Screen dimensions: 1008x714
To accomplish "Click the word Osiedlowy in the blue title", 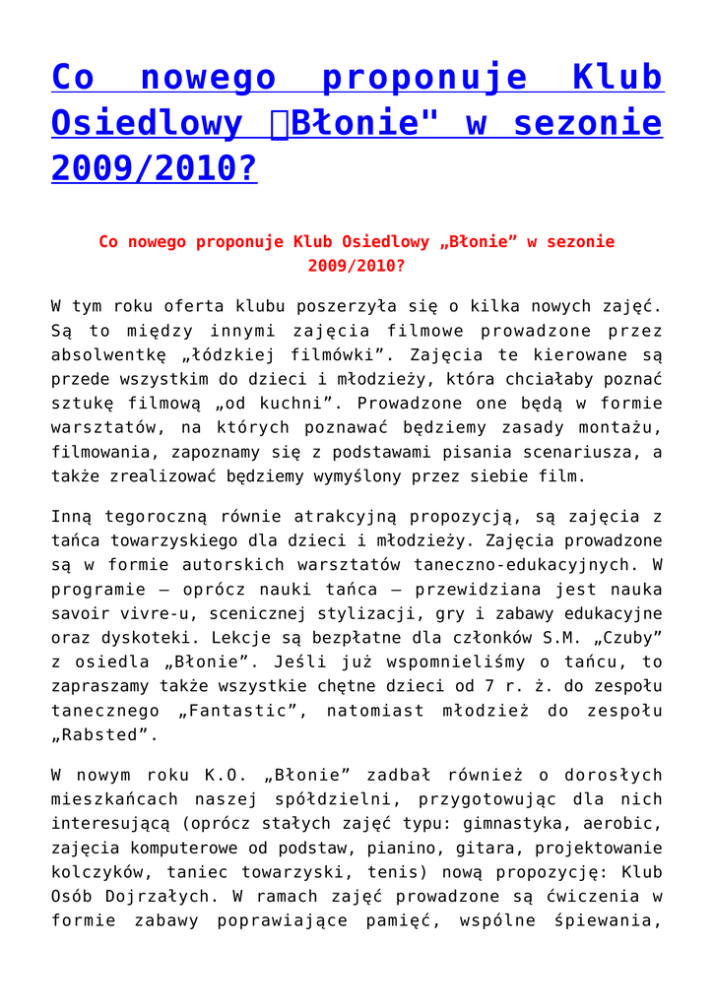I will pyautogui.click(x=146, y=124).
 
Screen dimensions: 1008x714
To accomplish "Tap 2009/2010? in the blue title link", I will pyautogui.click(x=154, y=169).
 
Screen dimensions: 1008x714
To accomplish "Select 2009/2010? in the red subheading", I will pyautogui.click(x=356, y=266).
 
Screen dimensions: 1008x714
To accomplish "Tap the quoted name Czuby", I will pyautogui.click(x=622, y=638).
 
